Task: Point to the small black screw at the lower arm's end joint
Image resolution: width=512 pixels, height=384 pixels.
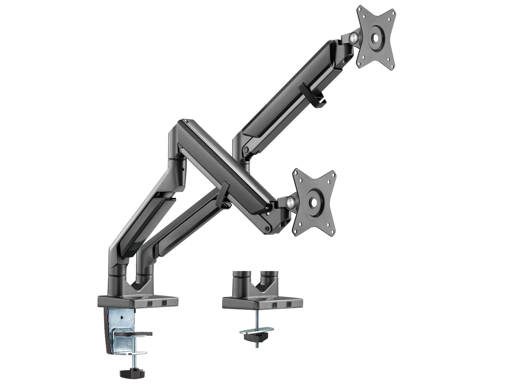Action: click(x=267, y=228)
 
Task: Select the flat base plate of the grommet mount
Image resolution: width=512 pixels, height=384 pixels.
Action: click(x=262, y=302)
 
